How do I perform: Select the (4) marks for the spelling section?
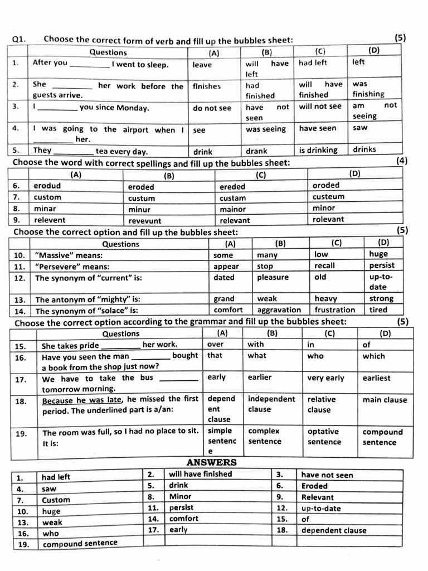401,161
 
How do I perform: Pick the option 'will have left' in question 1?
266,69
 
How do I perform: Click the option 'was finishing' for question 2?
368,89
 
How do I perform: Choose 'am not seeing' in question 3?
374,110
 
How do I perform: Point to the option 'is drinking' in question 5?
318,150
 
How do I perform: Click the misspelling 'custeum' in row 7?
328,197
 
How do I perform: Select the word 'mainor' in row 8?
232,209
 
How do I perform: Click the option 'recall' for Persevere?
324,266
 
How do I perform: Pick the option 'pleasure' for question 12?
273,277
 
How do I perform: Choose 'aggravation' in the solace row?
279,310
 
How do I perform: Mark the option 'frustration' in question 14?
334,310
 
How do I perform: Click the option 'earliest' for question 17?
376,378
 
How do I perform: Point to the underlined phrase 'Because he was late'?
83,400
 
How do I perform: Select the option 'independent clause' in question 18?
271,404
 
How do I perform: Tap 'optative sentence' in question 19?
324,437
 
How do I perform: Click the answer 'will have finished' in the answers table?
201,475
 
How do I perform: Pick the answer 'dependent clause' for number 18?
334,530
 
